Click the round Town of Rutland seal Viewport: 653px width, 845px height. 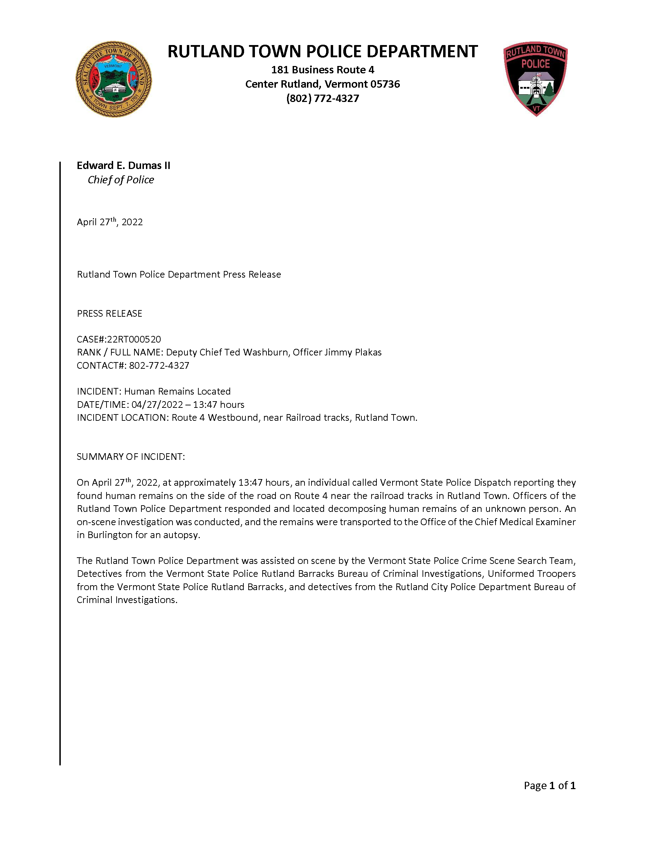tap(114, 79)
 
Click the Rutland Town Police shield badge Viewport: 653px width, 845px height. tap(536, 79)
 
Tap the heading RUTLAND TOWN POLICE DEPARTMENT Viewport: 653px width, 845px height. tap(322, 51)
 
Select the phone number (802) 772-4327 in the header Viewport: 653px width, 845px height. tap(322, 98)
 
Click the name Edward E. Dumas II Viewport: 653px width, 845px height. tap(123, 166)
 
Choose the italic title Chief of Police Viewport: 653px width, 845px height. tap(121, 180)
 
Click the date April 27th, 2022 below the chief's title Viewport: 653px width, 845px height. tap(110, 222)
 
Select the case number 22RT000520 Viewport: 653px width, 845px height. tap(134, 339)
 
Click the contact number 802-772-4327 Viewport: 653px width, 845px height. tap(159, 366)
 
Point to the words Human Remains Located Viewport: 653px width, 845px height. tap(177, 391)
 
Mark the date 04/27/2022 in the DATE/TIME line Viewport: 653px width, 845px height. tap(157, 405)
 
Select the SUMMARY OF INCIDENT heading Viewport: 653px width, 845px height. tap(131, 457)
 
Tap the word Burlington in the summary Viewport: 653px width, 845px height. tap(110, 535)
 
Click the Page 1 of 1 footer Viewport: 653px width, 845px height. tap(549, 785)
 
